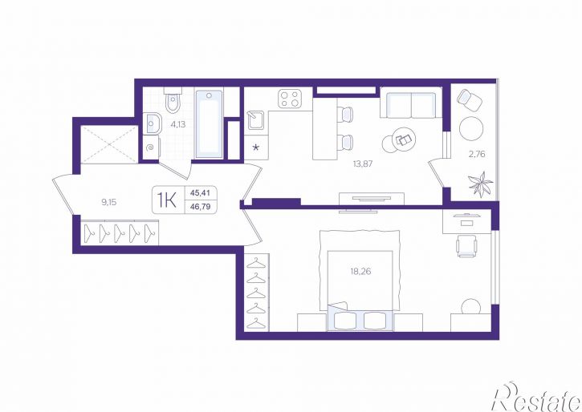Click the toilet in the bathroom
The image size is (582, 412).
tap(173, 99)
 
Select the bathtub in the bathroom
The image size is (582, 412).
tap(209, 123)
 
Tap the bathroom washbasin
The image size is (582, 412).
tap(153, 123)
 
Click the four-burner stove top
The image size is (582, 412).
tap(290, 99)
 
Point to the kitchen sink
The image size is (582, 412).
tap(256, 120)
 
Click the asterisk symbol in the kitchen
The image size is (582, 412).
tap(256, 148)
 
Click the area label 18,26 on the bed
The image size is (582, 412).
tap(360, 272)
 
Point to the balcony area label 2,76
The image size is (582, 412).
tap(477, 154)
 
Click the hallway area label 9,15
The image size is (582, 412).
tap(109, 202)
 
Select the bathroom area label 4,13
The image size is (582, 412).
tap(177, 124)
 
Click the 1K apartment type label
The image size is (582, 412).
tap(167, 200)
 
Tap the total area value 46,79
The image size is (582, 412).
tap(201, 207)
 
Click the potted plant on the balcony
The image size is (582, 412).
tap(481, 184)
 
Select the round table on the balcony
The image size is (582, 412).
tap(471, 128)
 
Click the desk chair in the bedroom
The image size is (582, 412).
tap(466, 245)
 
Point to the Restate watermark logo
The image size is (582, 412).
tap(536, 397)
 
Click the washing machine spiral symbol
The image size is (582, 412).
tap(150, 147)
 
